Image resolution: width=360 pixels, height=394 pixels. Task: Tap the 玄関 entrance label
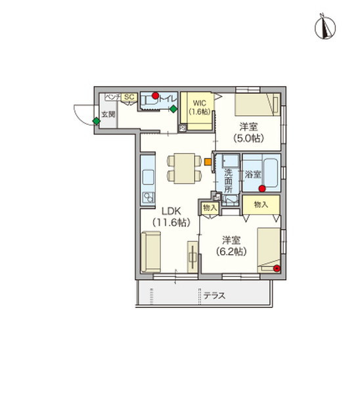108,114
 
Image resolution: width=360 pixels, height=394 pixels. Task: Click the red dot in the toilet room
156,96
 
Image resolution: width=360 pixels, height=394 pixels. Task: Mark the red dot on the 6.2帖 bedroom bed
277,268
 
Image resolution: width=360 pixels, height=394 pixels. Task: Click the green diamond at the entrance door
97,121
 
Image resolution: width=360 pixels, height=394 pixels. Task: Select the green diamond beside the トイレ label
173,109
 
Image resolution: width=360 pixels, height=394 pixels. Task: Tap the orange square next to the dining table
208,161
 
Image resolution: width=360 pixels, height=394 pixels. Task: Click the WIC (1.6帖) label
199,108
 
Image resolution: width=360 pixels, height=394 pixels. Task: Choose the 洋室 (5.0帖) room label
248,132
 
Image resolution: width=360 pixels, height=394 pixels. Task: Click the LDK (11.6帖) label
171,217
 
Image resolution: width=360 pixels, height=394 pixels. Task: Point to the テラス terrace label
214,296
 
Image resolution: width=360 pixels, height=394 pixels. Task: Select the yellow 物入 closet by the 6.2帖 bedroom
261,206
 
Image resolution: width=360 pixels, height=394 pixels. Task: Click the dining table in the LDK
181,168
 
